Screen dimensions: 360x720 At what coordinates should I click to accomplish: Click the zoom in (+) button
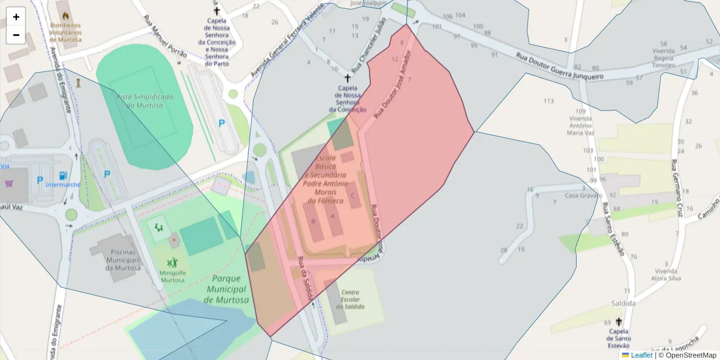pyautogui.click(x=16, y=17)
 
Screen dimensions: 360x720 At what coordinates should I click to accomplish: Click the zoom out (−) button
pyautogui.click(x=16, y=35)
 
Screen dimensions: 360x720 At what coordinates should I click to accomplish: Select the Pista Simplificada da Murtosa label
pyautogui.click(x=145, y=101)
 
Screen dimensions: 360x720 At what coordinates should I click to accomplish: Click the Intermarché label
pyautogui.click(x=63, y=185)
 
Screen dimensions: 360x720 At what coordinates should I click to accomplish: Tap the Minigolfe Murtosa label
pyautogui.click(x=172, y=276)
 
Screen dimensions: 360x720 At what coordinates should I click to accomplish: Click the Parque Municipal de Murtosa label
pyautogui.click(x=226, y=289)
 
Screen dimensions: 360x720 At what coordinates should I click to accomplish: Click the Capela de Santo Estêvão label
pyautogui.click(x=619, y=338)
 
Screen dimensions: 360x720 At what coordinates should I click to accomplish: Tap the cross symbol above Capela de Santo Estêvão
pyautogui.click(x=619, y=322)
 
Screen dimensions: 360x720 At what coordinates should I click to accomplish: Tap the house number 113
pyautogui.click(x=548, y=101)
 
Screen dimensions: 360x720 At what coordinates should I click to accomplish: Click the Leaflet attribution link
pyautogui.click(x=641, y=355)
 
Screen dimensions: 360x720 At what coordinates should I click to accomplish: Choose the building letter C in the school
pyautogui.click(x=353, y=195)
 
